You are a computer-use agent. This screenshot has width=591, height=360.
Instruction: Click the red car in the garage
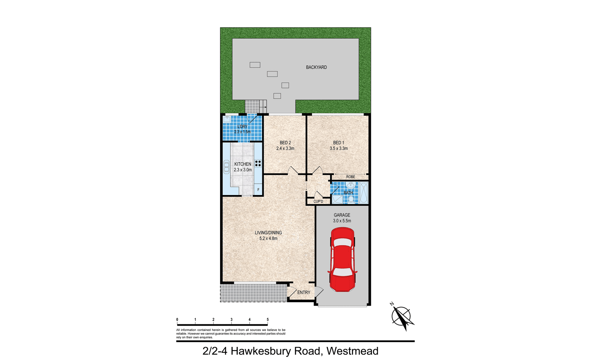click(x=342, y=259)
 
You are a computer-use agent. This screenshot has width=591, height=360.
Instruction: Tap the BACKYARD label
click(x=316, y=67)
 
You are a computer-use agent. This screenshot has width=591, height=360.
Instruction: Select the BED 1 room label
click(x=339, y=143)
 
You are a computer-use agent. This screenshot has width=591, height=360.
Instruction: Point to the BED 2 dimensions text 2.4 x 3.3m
click(x=285, y=148)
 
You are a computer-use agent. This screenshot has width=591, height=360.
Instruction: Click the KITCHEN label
click(x=243, y=164)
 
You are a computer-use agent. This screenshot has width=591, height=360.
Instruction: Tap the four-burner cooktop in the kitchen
click(x=258, y=163)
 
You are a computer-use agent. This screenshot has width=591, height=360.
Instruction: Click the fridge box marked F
click(x=258, y=190)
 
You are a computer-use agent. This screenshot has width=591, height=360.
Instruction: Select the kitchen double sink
click(x=226, y=167)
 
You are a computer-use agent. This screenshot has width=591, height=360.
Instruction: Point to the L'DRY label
click(x=243, y=127)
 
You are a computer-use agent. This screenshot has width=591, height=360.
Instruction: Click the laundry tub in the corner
click(x=227, y=119)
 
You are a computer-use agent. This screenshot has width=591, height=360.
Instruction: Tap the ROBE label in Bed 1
click(x=351, y=177)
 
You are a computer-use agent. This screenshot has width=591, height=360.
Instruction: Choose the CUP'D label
click(x=318, y=202)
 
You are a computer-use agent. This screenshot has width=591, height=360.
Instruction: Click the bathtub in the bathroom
click(x=364, y=193)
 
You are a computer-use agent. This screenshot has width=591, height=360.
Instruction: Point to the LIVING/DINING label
click(x=269, y=233)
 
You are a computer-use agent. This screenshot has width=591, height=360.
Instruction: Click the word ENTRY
click(x=304, y=292)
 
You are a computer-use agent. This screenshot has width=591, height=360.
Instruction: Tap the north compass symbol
click(x=401, y=316)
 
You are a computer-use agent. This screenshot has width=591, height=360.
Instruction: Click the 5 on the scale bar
click(x=268, y=319)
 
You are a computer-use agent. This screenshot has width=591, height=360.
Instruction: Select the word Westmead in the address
click(x=352, y=351)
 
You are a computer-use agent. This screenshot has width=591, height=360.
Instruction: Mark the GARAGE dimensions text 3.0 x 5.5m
click(x=342, y=221)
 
